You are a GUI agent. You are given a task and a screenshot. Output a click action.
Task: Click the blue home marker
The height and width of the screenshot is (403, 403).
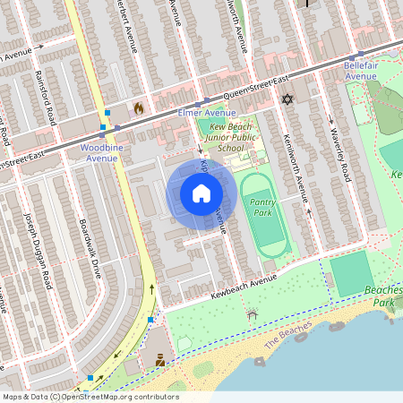(201, 193)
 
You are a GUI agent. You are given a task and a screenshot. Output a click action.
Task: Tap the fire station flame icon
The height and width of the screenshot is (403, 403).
(139, 108)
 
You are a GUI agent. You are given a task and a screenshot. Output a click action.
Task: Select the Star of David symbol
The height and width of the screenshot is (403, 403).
(287, 99)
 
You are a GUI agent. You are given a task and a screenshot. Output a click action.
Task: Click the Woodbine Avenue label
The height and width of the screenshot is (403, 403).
(99, 151)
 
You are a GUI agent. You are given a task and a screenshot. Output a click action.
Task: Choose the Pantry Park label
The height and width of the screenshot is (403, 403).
(262, 208)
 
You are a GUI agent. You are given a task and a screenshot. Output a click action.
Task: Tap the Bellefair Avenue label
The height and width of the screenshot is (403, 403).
(361, 70)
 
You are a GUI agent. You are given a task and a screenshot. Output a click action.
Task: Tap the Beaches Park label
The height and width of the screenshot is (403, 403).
(384, 296)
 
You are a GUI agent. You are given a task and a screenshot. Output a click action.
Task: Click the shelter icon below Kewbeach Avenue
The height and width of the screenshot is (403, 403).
(253, 314)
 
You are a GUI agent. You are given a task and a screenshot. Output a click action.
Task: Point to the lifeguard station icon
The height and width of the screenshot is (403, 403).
(160, 360)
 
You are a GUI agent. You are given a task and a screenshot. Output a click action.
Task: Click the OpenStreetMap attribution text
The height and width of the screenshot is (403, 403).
(90, 397)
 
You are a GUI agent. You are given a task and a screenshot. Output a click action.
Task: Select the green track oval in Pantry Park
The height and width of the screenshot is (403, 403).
(265, 215)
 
